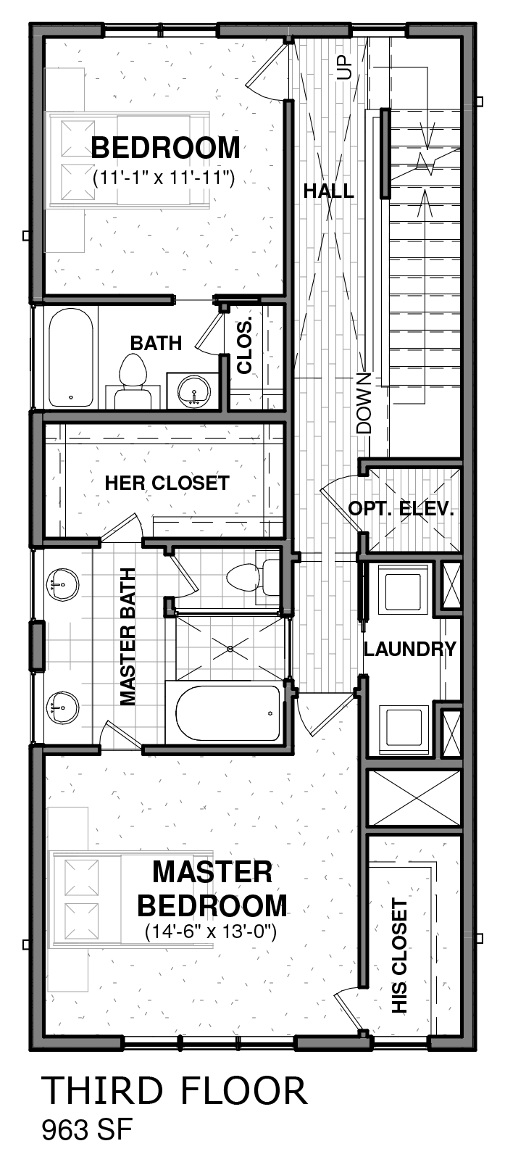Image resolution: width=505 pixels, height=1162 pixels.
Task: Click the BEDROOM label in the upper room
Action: coord(165,148)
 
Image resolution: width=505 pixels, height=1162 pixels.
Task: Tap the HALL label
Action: coord(329,191)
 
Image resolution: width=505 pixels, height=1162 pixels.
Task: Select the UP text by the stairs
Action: coord(344,67)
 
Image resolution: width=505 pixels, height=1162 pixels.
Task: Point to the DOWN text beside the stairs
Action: coord(364,403)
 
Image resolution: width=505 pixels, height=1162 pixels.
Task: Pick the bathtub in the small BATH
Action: coord(71,358)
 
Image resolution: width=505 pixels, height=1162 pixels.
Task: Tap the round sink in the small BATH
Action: coord(193,389)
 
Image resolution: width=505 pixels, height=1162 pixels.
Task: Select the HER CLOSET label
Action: coord(167,483)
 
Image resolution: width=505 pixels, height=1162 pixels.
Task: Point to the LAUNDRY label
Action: coord(409,649)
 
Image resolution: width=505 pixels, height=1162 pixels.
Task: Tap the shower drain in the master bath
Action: coord(230,647)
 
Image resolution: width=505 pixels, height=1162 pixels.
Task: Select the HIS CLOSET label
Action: coord(400,956)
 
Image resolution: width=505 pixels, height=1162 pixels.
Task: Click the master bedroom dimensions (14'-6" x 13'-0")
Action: coord(211,932)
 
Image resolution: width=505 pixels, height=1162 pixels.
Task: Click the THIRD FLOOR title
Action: coord(175,1090)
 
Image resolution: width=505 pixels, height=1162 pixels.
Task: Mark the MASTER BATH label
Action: coord(128,636)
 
